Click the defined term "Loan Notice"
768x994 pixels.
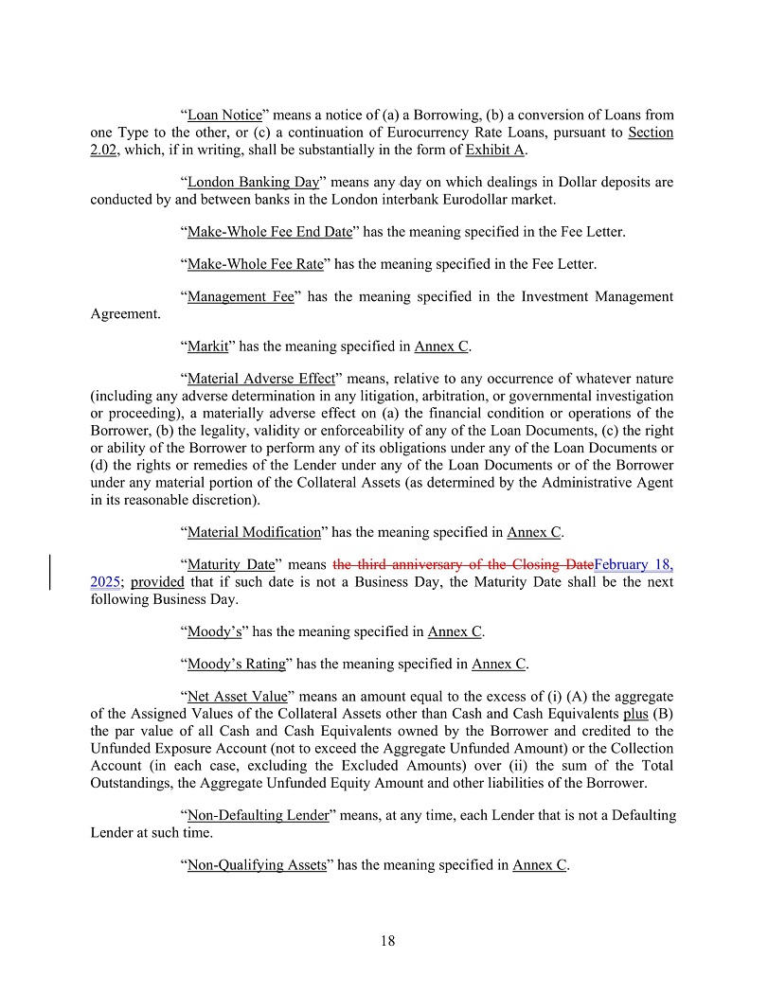224,115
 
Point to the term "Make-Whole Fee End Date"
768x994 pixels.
270,231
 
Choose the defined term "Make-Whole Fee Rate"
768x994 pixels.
256,264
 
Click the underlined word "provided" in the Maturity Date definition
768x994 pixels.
157,582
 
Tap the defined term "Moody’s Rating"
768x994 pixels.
237,664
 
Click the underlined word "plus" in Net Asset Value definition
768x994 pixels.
635,713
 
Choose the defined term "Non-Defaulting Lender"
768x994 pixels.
258,815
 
